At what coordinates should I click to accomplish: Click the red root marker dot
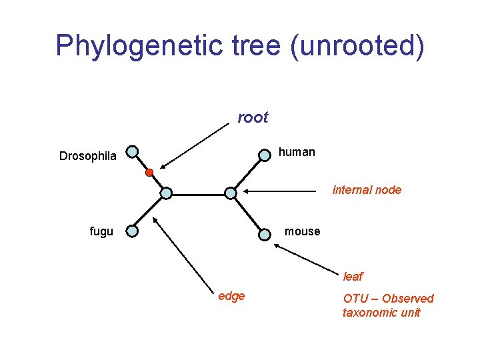[149, 173]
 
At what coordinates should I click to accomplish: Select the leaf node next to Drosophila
[133, 152]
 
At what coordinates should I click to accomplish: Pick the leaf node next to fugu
[133, 231]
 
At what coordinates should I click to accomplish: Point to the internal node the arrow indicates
[230, 193]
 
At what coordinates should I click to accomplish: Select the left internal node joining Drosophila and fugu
[166, 193]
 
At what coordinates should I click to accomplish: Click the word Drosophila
[88, 157]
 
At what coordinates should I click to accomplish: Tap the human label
[297, 152]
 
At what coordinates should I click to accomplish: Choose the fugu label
[101, 231]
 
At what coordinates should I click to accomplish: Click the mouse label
[302, 231]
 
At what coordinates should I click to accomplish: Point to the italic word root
[253, 118]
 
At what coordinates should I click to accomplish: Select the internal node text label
[367, 190]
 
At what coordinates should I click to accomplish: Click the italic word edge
[231, 296]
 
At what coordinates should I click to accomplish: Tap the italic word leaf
[353, 277]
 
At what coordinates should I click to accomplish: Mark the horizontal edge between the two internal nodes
[198, 194]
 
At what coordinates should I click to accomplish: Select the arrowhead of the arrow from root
[162, 167]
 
